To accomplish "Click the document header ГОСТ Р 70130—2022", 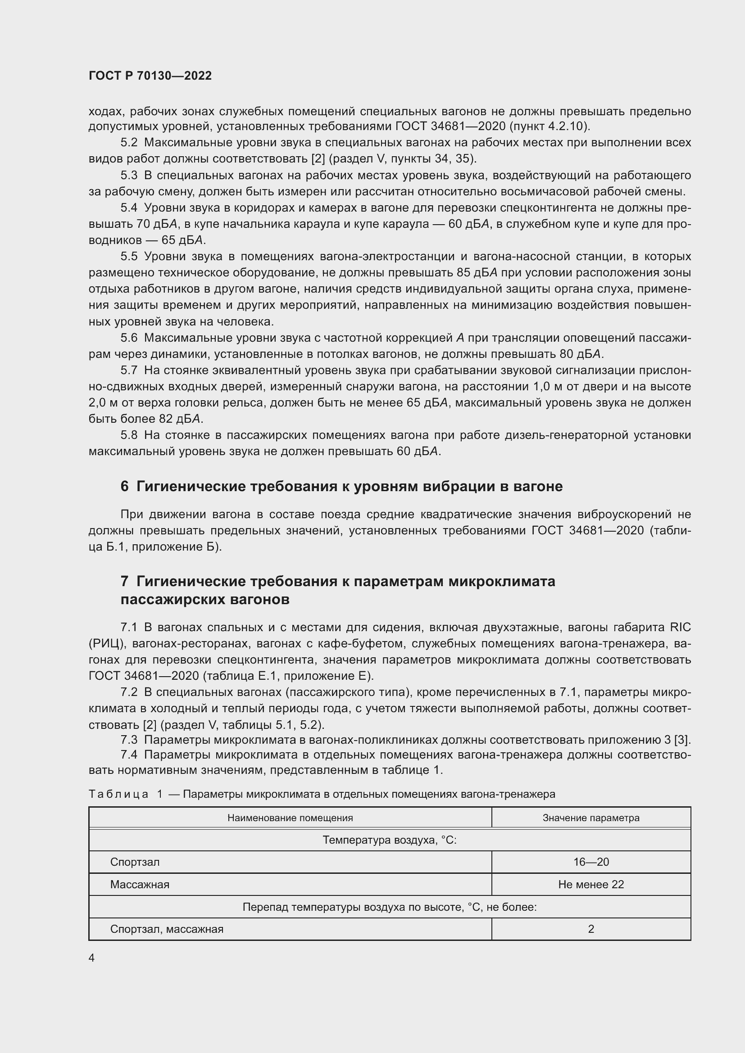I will (x=150, y=76).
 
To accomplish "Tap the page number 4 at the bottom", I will (x=91, y=958).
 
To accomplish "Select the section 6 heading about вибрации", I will (x=341, y=486).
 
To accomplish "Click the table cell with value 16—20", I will (x=591, y=862).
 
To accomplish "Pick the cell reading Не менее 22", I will (x=591, y=885).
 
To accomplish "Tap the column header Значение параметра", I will (x=591, y=818).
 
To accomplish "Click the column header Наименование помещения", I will (x=290, y=818).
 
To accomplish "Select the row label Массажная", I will (x=140, y=885).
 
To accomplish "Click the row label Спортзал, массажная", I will (x=167, y=929).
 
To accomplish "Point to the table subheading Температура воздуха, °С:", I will (x=390, y=840).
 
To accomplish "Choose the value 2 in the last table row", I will (x=591, y=929).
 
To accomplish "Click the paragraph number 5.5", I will (x=129, y=256).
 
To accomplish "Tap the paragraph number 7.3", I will (x=129, y=740).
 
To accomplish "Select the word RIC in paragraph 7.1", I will (x=680, y=628).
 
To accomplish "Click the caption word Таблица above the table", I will (x=118, y=794).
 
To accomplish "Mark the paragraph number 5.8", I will (x=129, y=435).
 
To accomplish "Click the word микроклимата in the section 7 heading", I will (x=501, y=582).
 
